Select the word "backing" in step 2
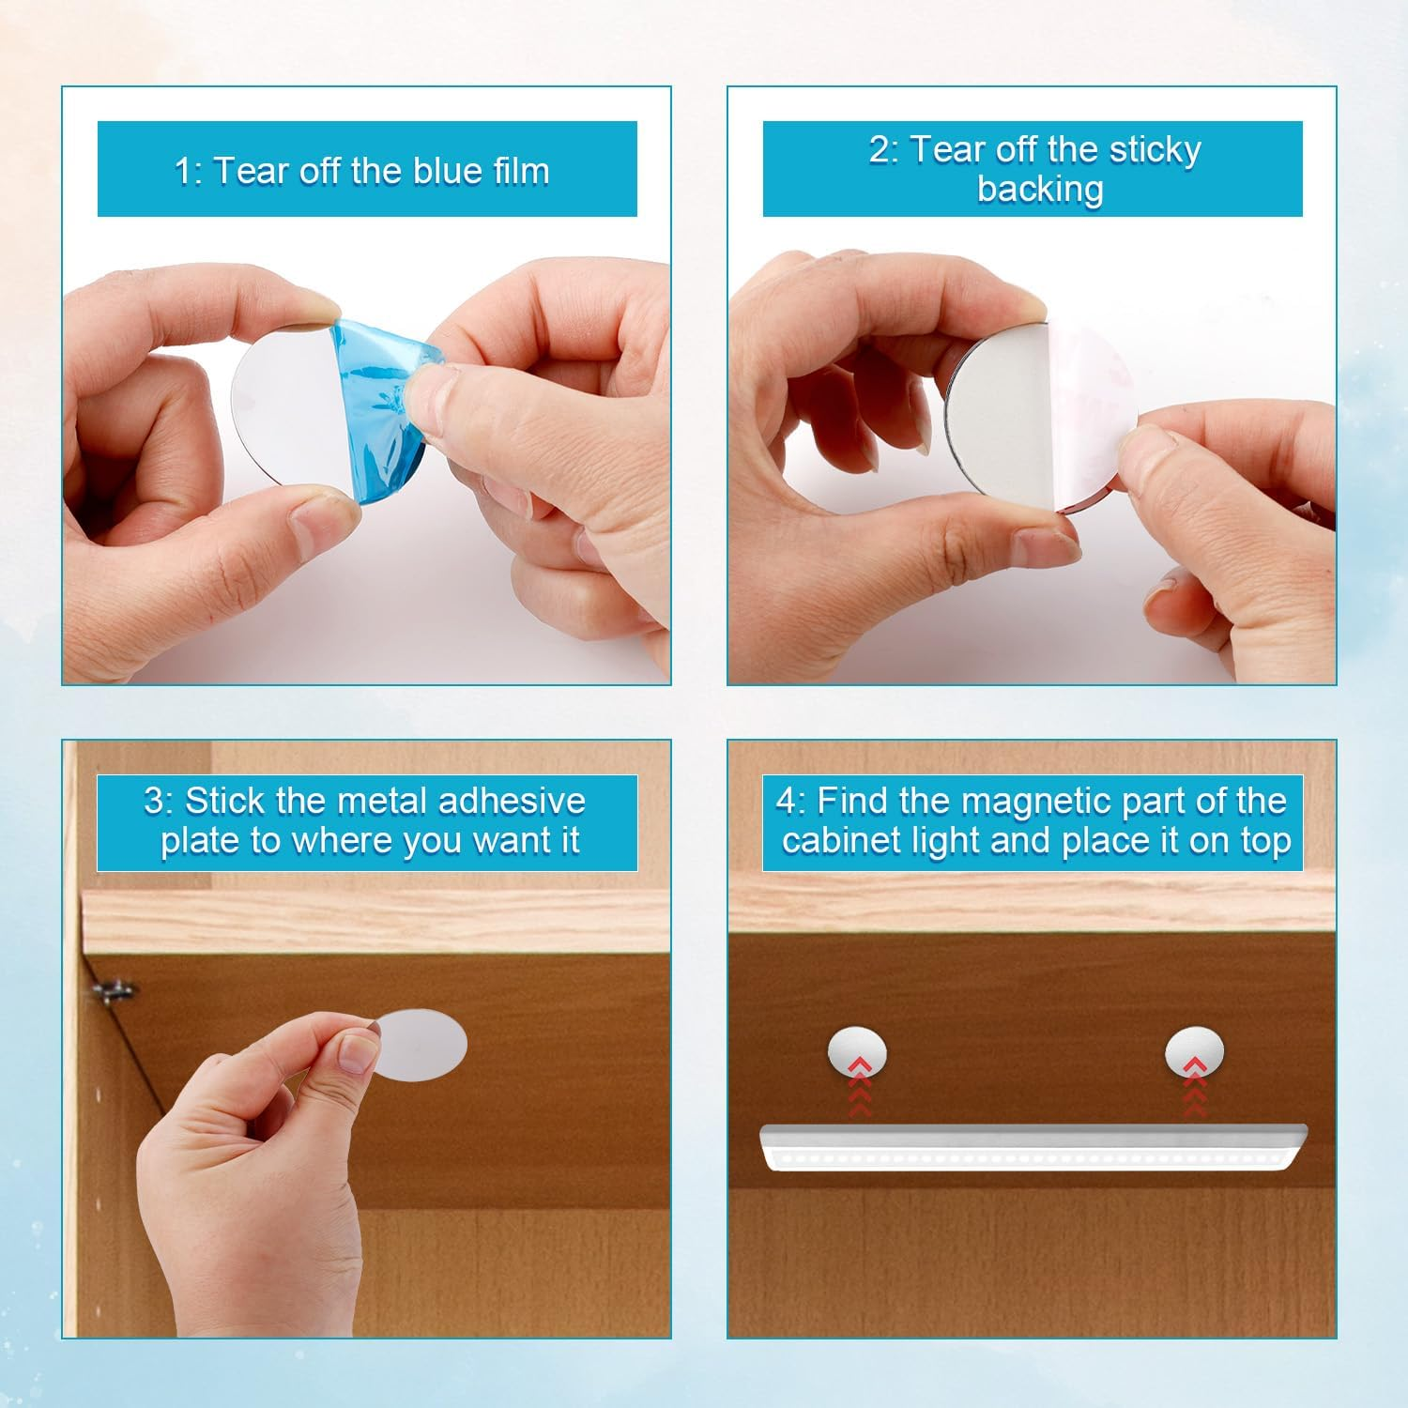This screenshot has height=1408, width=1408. (1040, 189)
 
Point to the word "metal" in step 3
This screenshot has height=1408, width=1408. (386, 801)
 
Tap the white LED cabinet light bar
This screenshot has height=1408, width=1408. (1033, 1146)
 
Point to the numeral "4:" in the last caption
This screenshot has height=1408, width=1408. (790, 802)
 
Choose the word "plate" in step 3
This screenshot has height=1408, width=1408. (200, 840)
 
